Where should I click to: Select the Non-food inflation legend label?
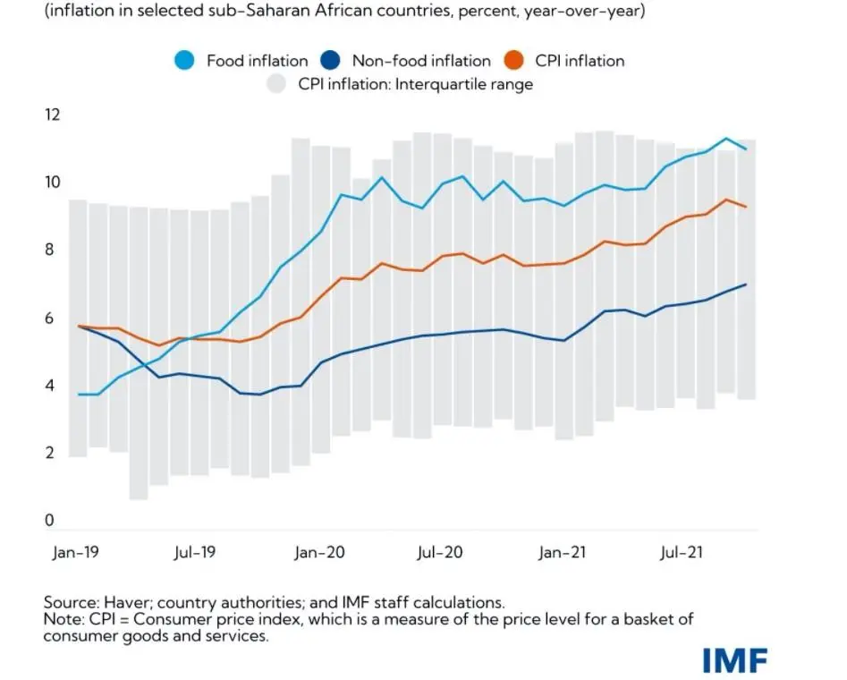[421, 61]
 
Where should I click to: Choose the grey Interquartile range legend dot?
[277, 84]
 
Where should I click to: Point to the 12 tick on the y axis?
[52, 115]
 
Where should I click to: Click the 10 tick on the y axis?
[52, 183]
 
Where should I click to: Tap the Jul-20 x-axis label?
[440, 552]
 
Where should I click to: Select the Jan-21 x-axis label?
[563, 552]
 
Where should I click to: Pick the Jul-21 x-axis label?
[682, 552]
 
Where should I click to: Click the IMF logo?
[734, 660]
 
